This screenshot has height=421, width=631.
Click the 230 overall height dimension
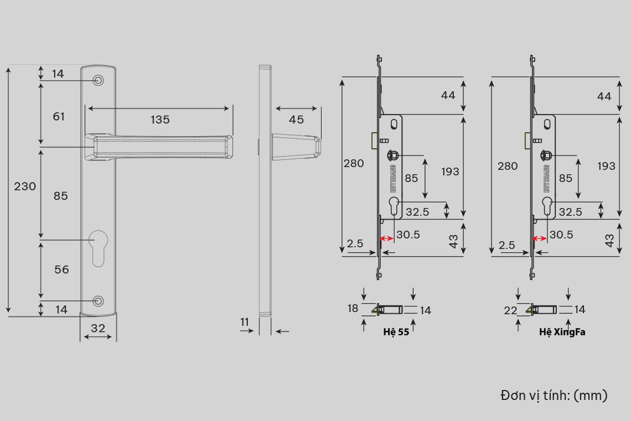pos(25,186)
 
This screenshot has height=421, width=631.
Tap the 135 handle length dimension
pos(160,119)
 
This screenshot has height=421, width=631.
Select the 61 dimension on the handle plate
pos(59,116)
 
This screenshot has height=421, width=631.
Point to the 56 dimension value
pos(61,269)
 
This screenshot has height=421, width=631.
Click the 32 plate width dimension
pos(98,328)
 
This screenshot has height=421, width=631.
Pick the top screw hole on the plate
pos(98,80)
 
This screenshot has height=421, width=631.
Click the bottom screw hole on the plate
pos(98,301)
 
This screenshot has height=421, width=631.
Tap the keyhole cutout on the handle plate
pos(98,248)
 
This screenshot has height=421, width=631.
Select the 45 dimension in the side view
pos(296,119)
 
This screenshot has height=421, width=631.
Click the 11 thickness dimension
pos(245,321)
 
